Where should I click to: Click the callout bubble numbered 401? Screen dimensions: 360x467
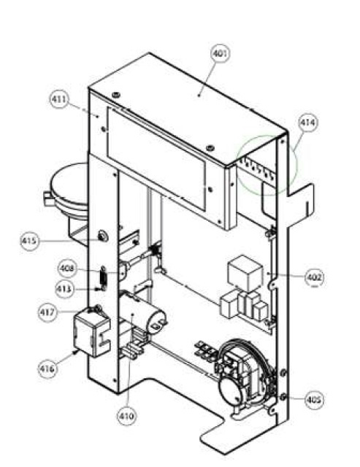tap(221, 53)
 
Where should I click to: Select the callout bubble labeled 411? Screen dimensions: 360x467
tap(59, 99)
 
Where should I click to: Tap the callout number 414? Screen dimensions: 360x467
tap(308, 123)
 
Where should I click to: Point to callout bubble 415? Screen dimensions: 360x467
tap(29, 241)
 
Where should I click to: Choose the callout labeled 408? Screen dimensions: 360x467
tap(66, 269)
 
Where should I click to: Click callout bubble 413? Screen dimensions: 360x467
tap(64, 289)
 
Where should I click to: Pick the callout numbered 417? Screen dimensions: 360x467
tap(47, 312)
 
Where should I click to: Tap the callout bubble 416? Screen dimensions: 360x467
tap(47, 368)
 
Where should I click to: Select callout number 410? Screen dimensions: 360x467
tap(126, 416)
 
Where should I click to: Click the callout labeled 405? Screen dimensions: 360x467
tap(315, 399)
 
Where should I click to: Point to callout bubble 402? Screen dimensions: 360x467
tap(315, 277)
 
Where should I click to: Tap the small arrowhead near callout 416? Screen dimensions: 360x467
tap(75, 352)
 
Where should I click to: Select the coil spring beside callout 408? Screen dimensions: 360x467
tap(103, 277)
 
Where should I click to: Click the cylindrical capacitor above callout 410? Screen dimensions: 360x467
tap(143, 312)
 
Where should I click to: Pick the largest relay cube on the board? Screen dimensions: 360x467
tap(245, 272)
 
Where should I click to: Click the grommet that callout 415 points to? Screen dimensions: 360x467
tap(103, 236)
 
